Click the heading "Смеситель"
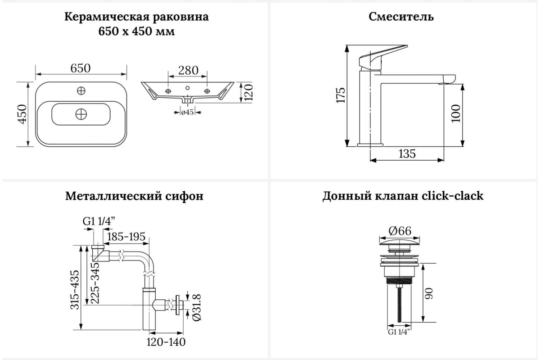pyautogui.click(x=401, y=17)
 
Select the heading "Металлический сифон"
pyautogui.click(x=134, y=196)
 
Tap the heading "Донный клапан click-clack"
pyautogui.click(x=403, y=196)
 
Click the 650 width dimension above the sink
pyautogui.click(x=81, y=68)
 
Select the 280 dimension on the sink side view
pyautogui.click(x=188, y=70)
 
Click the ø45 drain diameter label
pyautogui.click(x=187, y=112)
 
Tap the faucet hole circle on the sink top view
pyautogui.click(x=81, y=91)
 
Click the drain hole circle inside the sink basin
pyautogui.click(x=81, y=114)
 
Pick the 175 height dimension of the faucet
pyautogui.click(x=341, y=95)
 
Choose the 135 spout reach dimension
pyautogui.click(x=407, y=154)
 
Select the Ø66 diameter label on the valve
pyautogui.click(x=400, y=231)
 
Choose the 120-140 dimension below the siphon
pyautogui.click(x=166, y=342)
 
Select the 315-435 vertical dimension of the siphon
pyautogui.click(x=75, y=290)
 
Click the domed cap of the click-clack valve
pyautogui.click(x=400, y=246)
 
